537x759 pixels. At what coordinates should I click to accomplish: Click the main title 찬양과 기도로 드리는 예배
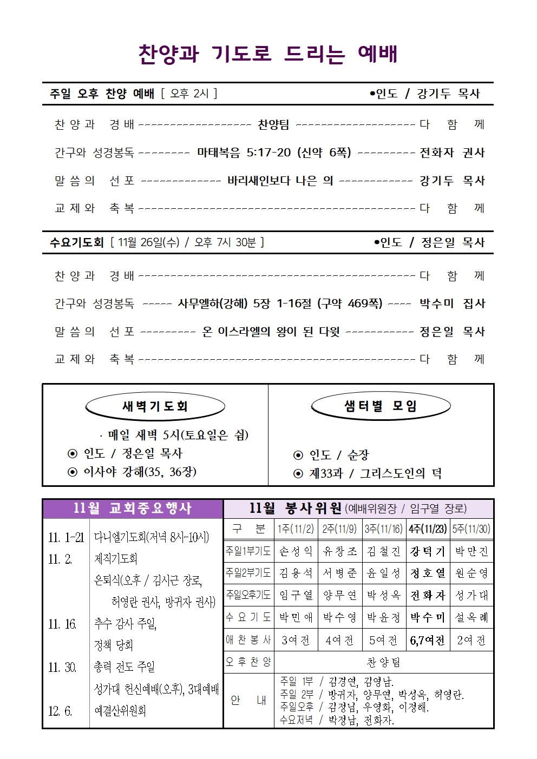coord(268,54)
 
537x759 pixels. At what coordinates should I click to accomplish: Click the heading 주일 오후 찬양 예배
coord(102,94)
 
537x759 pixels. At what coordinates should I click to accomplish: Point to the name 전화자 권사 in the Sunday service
coord(452,153)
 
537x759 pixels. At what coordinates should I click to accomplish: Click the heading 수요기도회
coord(76,242)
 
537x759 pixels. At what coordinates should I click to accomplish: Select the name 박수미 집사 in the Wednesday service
coord(452,303)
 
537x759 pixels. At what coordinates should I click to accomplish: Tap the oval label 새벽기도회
coord(155,406)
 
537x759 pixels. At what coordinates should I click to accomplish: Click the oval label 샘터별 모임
coord(381,406)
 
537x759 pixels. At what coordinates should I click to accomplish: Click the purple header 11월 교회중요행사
coord(133,509)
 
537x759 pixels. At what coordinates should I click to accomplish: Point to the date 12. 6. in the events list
coord(60,711)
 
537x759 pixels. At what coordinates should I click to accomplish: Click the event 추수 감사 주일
coord(125,624)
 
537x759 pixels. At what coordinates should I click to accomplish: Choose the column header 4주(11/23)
coord(428,529)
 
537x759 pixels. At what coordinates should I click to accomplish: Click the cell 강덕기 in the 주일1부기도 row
coord(428,551)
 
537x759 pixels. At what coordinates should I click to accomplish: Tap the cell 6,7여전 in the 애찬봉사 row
coord(428,641)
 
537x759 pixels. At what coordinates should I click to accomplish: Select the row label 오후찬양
coord(248,662)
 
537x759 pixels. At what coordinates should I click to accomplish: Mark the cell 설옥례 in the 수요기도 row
coord(471,617)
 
